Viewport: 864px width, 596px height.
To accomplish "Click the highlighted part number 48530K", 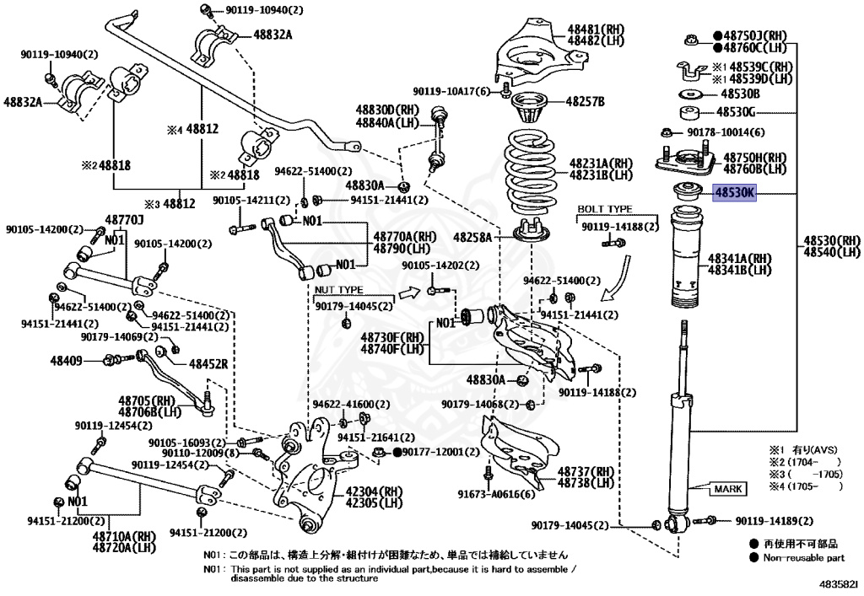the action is click(x=735, y=192).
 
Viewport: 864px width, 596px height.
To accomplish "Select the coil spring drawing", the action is click(x=530, y=170).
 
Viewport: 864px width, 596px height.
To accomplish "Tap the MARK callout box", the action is click(x=728, y=489).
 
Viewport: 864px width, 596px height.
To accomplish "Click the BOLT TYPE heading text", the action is click(x=605, y=209).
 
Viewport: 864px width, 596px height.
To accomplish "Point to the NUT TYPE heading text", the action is click(x=339, y=290).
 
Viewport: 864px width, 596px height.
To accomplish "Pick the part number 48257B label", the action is click(x=586, y=101).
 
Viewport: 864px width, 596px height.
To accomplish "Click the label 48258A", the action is click(x=472, y=238).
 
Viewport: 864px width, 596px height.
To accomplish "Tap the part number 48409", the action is click(x=66, y=361).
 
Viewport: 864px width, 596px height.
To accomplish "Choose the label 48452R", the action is click(x=208, y=364).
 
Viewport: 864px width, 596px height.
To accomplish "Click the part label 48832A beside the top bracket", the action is click(x=273, y=35).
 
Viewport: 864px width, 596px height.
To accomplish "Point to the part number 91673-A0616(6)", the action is click(x=496, y=494).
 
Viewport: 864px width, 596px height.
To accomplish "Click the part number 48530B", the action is click(x=740, y=94).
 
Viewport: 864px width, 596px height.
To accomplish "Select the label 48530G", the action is click(x=736, y=112).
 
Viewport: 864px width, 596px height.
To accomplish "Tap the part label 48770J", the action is click(x=125, y=221).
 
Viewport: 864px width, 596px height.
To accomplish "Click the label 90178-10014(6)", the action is click(x=726, y=132).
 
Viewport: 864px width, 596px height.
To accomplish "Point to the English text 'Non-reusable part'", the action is click(x=803, y=557).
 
